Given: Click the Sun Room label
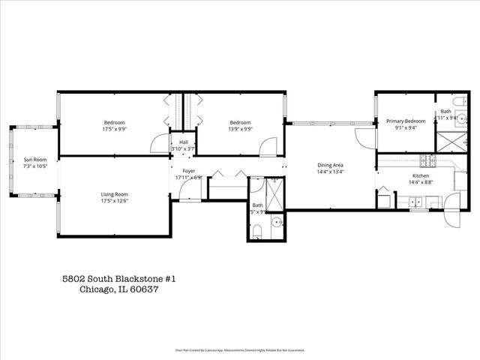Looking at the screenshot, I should coord(35,159).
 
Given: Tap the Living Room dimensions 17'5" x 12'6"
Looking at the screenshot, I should coord(115,201).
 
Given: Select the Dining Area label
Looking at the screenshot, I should coord(330,165).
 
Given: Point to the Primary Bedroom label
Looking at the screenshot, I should coord(406,121).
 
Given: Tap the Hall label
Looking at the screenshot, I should coord(183,142).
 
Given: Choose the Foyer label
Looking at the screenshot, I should coord(188,172).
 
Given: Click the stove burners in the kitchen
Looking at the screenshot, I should coord(427,160).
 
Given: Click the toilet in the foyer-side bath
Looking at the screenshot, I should coord(256,230).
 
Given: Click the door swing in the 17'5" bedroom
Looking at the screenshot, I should coord(158,145).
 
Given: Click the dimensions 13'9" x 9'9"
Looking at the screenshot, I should coord(240,128).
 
